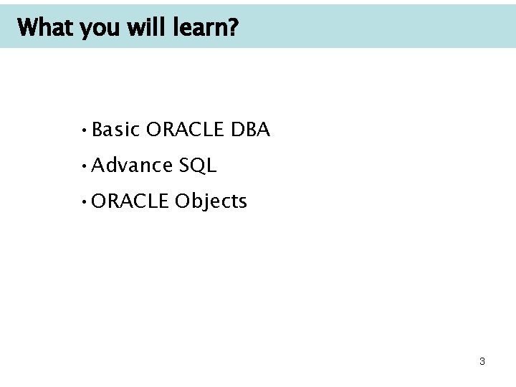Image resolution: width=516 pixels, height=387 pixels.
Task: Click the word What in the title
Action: (46, 29)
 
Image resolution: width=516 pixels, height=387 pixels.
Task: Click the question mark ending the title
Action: (234, 29)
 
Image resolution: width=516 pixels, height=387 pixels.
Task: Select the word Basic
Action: (115, 130)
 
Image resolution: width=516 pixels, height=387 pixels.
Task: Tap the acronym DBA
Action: (250, 130)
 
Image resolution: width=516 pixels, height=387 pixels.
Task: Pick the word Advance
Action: (132, 166)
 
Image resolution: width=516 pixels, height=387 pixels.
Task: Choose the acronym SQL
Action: (198, 166)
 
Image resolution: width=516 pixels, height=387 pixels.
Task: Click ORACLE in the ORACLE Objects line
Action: (130, 201)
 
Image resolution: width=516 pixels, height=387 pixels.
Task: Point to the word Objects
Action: (211, 202)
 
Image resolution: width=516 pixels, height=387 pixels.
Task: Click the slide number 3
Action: (482, 362)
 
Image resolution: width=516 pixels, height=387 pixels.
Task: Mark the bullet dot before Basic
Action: (85, 130)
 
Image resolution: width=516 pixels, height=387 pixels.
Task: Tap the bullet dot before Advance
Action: (85, 166)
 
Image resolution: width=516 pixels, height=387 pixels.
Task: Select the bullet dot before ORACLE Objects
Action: (85, 202)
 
